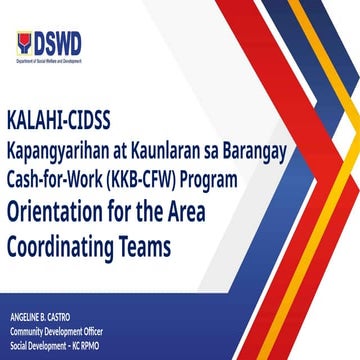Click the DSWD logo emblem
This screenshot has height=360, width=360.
pos(24,43)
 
